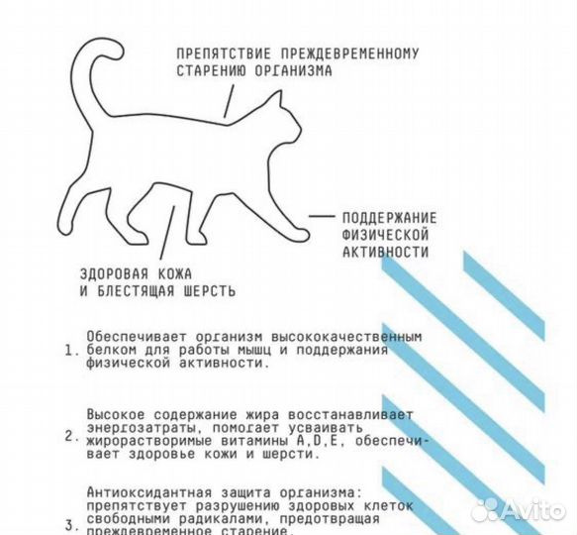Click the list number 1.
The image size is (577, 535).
tap(68, 351)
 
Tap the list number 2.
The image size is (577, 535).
tap(68, 434)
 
